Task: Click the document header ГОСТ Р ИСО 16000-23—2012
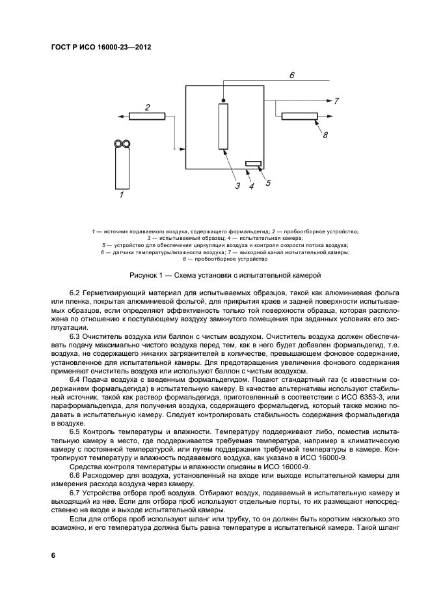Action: pyautogui.click(x=96, y=47)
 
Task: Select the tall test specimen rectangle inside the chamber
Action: pyautogui.click(x=224, y=126)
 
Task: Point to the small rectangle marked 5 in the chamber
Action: pyautogui.click(x=253, y=164)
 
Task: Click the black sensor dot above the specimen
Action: pyautogui.click(x=224, y=100)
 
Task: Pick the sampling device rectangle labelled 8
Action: pyautogui.click(x=299, y=116)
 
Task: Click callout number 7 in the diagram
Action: pyautogui.click(x=336, y=101)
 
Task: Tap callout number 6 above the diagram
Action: pyautogui.click(x=292, y=76)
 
